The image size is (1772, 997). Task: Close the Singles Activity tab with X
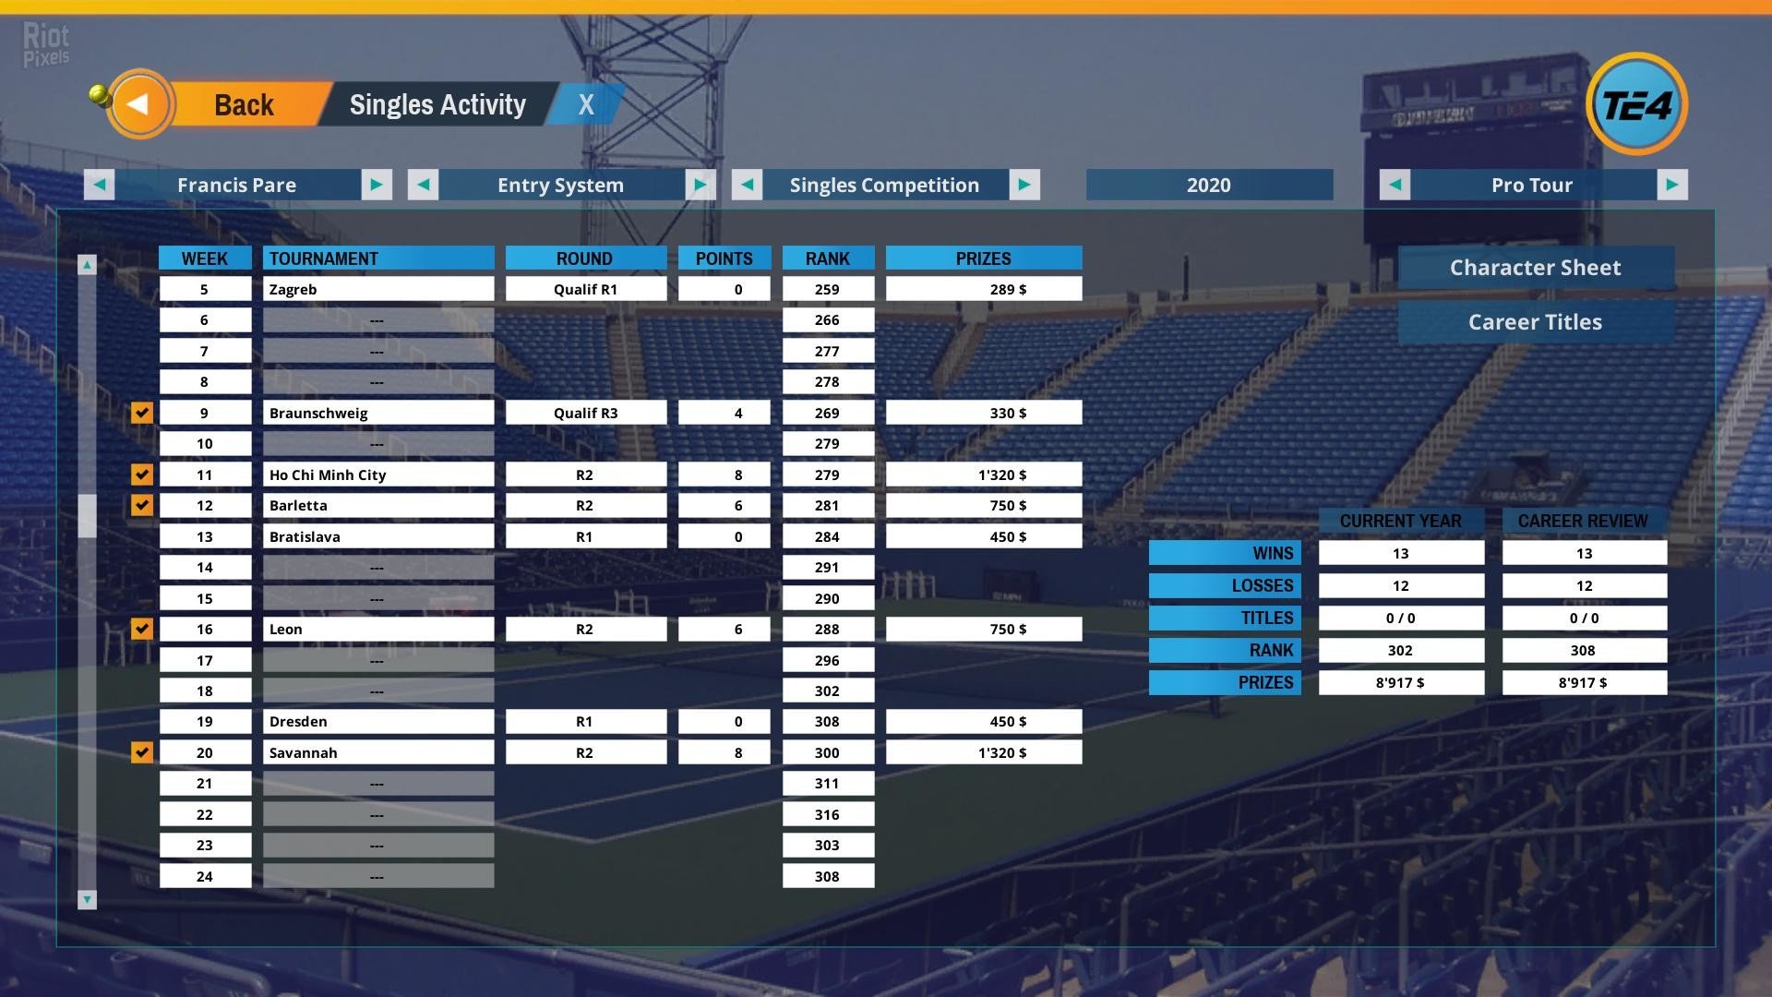(586, 105)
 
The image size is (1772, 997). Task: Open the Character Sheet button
(1535, 268)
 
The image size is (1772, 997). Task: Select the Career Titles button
(1535, 322)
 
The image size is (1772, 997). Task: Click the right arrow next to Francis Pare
(377, 185)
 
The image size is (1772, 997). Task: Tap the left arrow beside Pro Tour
(1395, 185)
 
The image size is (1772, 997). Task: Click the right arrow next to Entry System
(700, 185)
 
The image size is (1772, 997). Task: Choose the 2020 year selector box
(1209, 185)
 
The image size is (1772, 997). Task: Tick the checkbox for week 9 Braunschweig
(141, 413)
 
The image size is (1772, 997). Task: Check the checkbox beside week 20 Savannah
(141, 752)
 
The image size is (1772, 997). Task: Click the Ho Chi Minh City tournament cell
(378, 474)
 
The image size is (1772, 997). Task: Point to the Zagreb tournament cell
(378, 289)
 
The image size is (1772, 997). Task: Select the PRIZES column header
(983, 258)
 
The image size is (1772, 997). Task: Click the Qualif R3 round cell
(585, 413)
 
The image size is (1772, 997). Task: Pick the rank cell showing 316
(827, 814)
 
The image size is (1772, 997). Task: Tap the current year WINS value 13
(1400, 553)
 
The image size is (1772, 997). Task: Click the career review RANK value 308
(1584, 650)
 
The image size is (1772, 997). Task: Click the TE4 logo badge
(1636, 104)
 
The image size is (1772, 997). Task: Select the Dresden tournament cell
(378, 721)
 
